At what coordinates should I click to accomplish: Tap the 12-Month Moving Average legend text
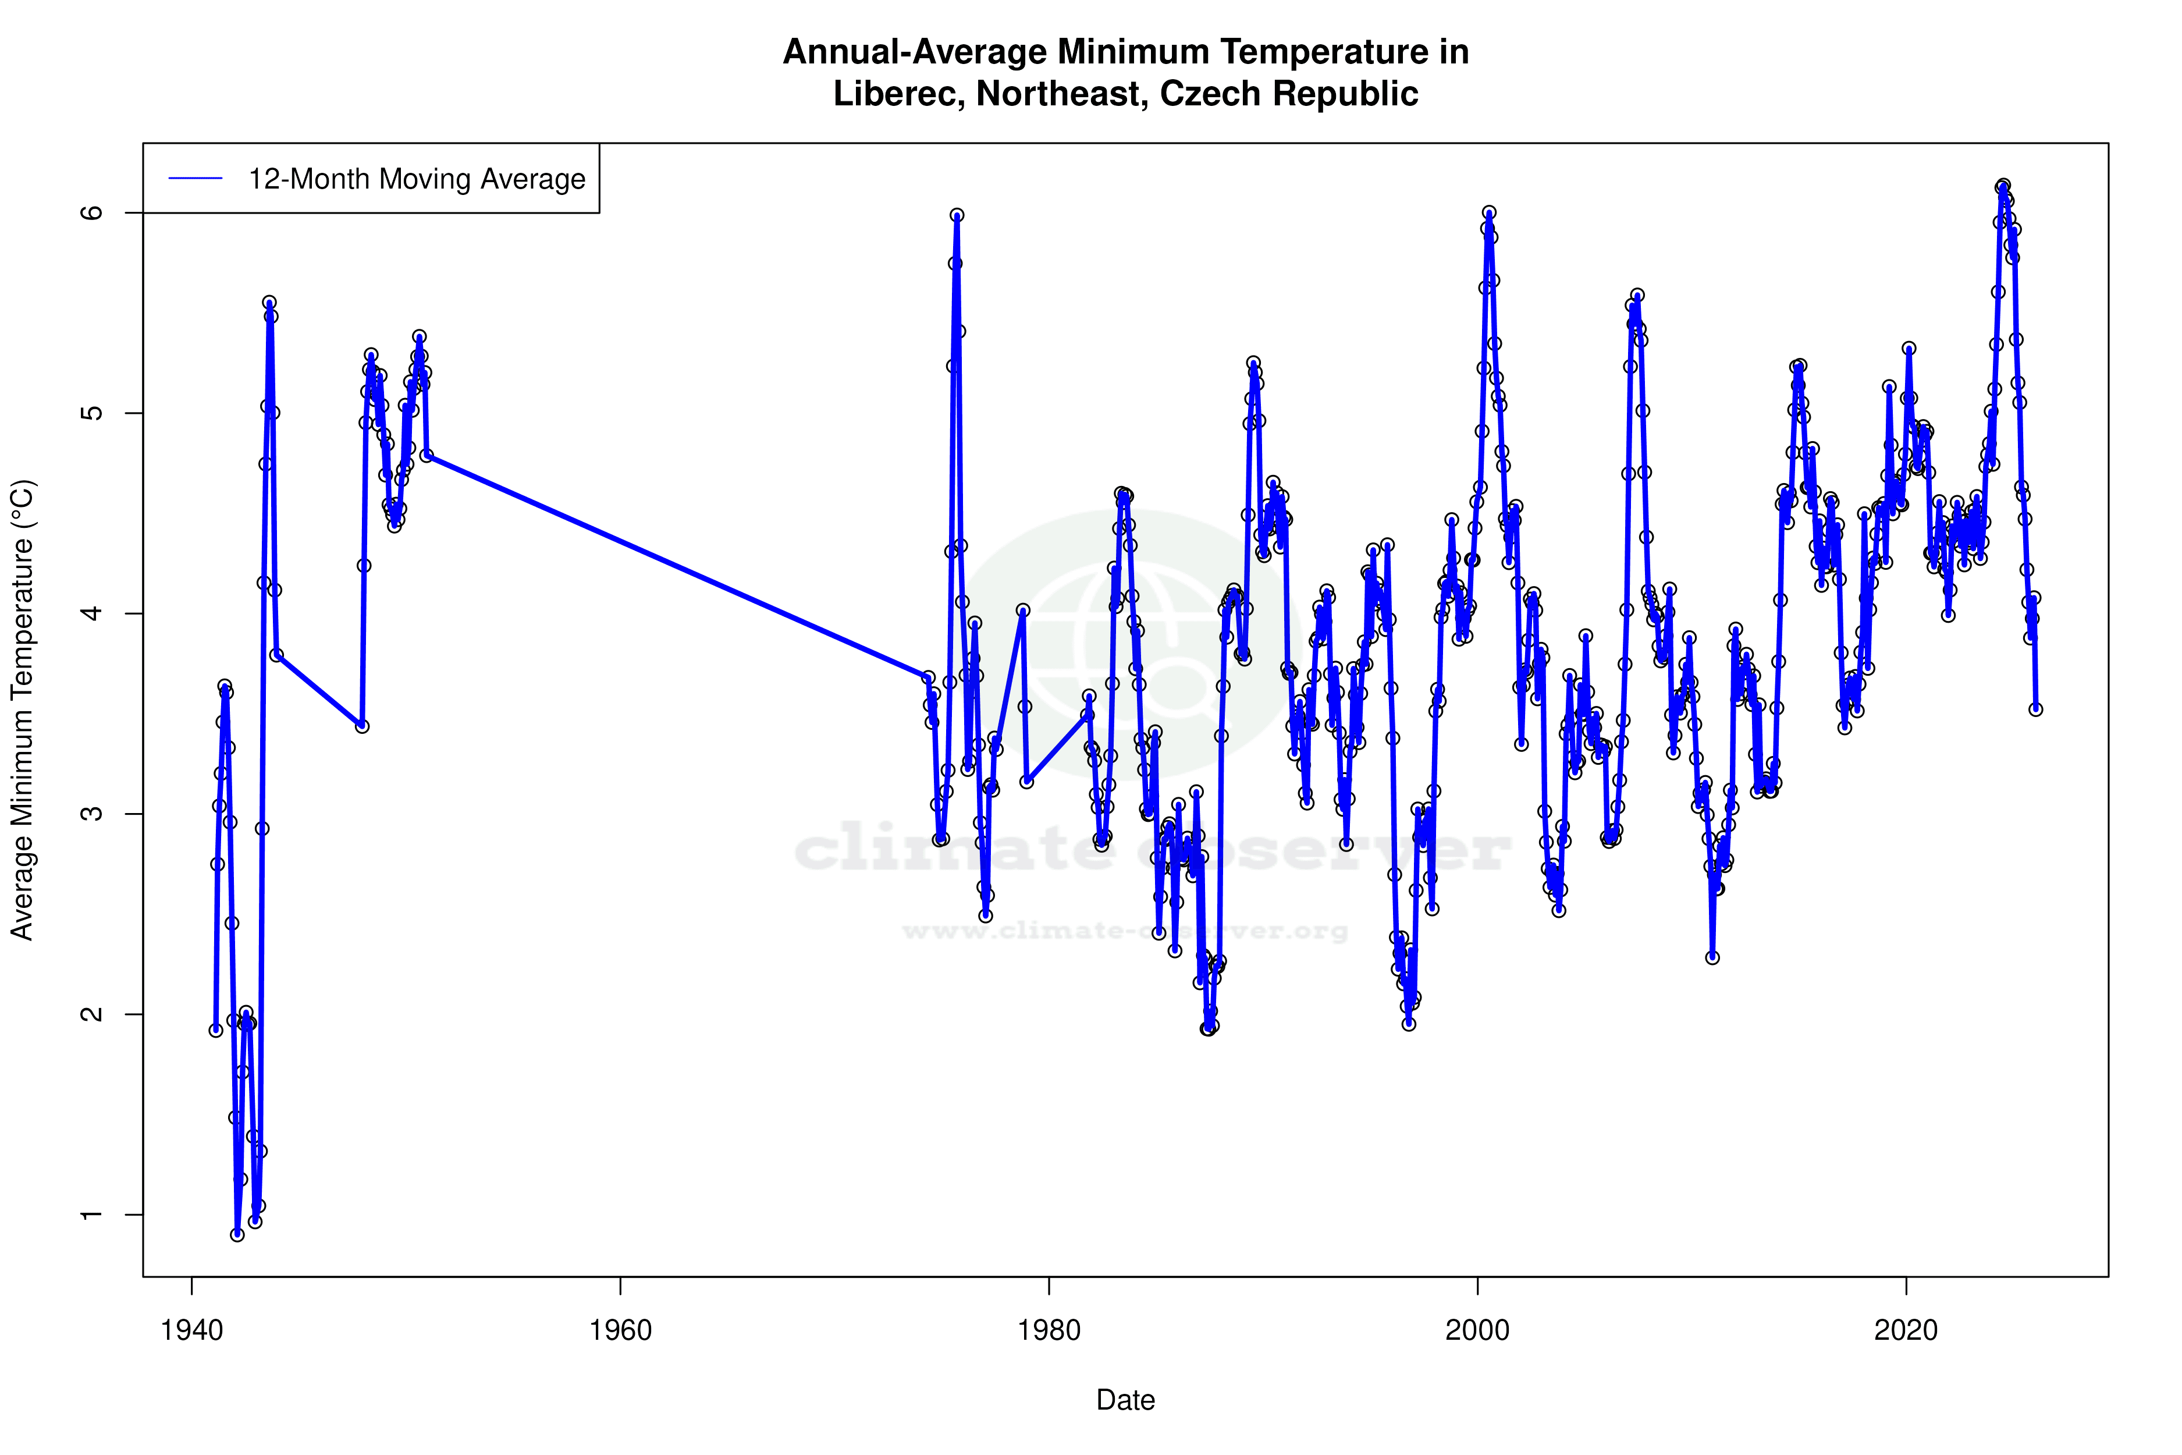(x=417, y=179)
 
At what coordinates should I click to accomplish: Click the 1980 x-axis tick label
(x=1049, y=1330)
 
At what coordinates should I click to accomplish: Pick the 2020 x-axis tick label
(x=1906, y=1330)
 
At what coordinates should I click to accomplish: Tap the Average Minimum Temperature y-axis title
(x=22, y=710)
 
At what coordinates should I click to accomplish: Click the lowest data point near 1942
(x=237, y=1234)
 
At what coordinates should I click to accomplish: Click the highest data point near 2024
(x=2004, y=186)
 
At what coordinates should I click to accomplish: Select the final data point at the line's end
(x=2035, y=709)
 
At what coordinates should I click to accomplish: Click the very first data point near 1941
(x=216, y=1030)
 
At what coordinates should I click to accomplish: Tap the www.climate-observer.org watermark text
(x=1125, y=931)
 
